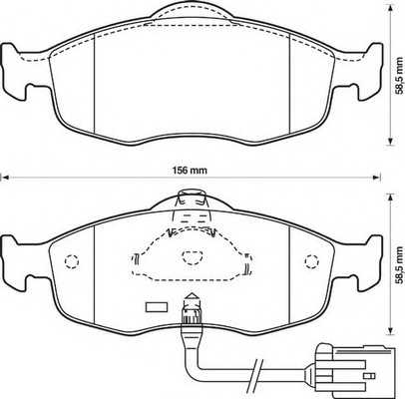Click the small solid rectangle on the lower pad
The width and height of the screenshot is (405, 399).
click(x=155, y=306)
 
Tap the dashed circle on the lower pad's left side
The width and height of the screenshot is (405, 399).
click(x=70, y=262)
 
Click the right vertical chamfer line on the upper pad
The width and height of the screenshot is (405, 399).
click(x=288, y=80)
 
